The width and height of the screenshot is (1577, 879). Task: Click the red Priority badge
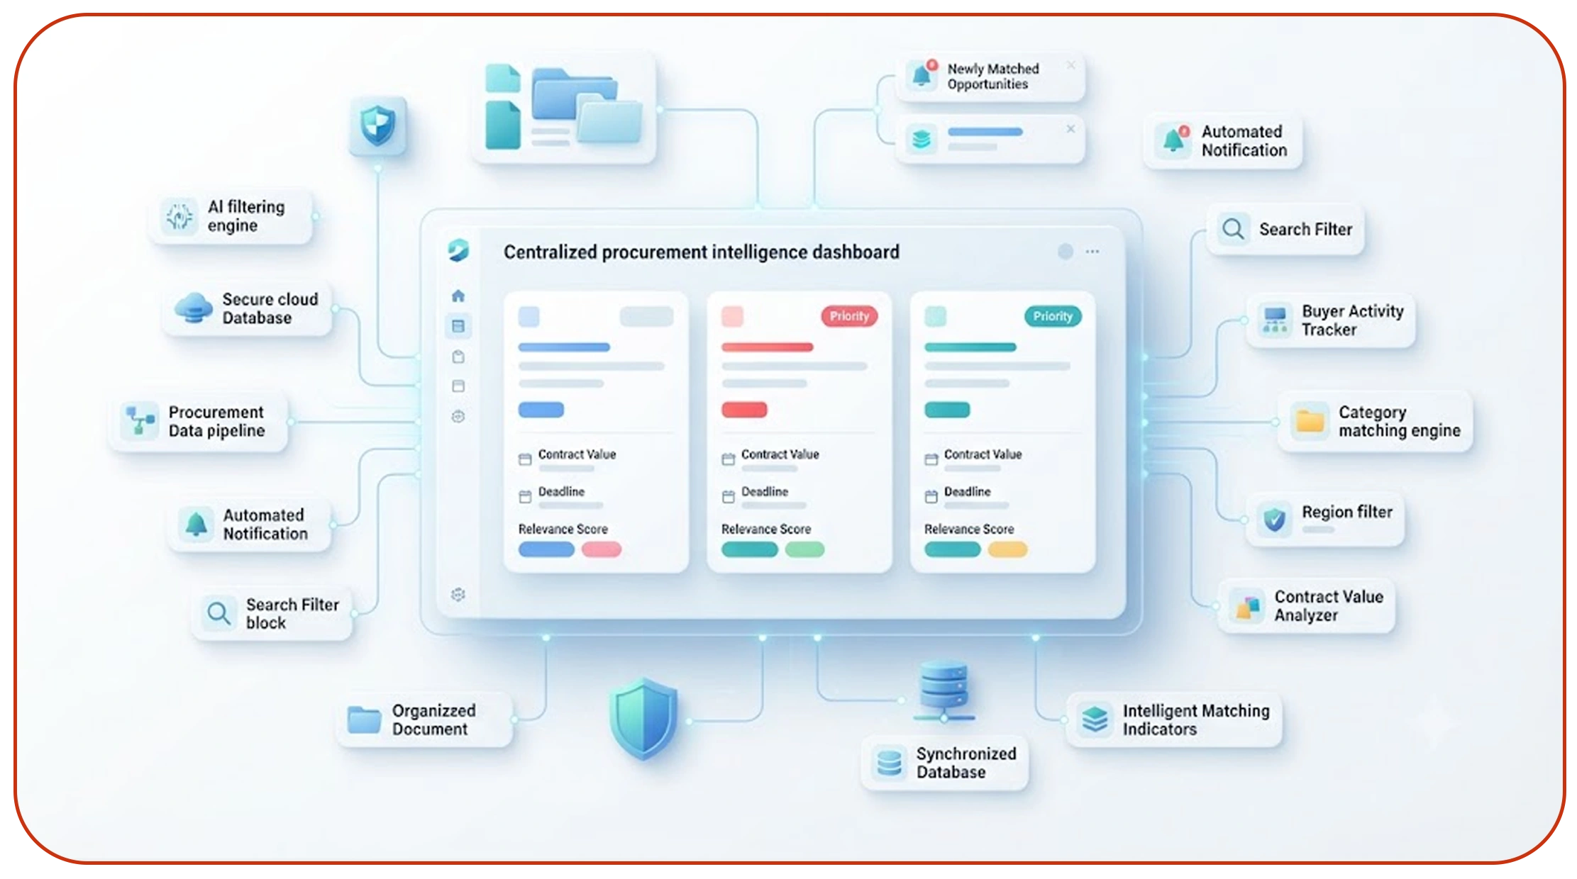849,316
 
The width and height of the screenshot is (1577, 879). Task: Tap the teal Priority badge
1053,316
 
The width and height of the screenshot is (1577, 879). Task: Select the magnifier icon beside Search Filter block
218,613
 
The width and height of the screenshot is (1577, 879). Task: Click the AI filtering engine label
246,216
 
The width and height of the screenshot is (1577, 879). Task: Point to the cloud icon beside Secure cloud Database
193,308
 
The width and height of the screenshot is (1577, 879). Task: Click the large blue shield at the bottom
643,718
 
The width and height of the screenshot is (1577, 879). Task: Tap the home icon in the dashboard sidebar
458,296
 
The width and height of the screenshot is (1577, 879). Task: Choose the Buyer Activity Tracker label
1352,320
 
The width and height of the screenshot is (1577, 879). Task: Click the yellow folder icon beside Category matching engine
1310,421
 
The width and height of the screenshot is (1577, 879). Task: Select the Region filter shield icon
1275,520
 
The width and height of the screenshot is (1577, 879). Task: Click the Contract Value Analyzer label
1329,606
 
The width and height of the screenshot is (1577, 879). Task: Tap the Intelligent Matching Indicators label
1196,720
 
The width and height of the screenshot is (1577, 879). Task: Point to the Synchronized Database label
966,763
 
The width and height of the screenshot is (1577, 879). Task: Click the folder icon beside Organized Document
364,720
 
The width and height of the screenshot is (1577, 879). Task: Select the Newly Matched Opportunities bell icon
923,74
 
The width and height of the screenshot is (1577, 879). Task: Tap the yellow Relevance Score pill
1007,549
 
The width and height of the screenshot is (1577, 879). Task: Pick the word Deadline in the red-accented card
765,491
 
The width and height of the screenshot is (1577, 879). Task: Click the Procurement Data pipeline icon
139,420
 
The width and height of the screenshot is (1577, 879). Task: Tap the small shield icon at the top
377,125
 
